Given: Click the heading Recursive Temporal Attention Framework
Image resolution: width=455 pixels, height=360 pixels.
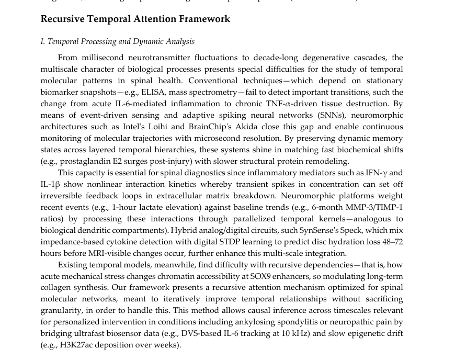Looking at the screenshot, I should tap(135, 19).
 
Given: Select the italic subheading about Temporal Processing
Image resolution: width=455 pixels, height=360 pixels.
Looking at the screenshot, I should tap(117, 41).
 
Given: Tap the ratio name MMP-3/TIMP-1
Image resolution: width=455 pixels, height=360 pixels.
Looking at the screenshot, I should tap(379, 207).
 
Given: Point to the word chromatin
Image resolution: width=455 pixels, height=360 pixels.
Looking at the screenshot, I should tap(157, 276).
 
